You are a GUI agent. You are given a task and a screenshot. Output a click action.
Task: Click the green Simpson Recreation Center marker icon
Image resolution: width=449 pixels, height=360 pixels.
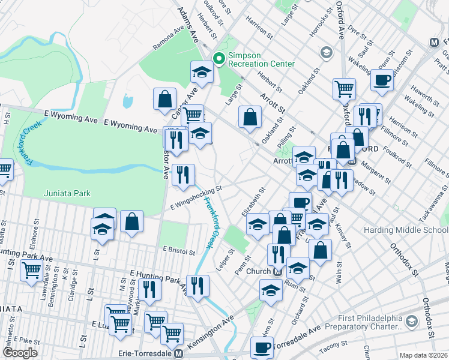click(x=219, y=59)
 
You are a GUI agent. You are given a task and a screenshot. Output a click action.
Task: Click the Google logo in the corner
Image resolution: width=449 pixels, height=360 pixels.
click(x=20, y=353)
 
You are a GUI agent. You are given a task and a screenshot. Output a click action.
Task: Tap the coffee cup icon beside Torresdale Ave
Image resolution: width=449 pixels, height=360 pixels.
click(x=261, y=347)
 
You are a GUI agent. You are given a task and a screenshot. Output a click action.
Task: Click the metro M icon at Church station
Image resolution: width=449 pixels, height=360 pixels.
click(x=278, y=271)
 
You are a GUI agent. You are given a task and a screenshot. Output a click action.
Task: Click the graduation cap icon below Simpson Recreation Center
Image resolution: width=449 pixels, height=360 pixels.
click(x=202, y=72)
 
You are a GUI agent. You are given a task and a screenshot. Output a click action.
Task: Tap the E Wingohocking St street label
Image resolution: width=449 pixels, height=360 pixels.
click(x=196, y=197)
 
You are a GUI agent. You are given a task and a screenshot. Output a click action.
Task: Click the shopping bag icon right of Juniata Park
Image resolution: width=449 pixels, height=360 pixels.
click(x=131, y=221)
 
